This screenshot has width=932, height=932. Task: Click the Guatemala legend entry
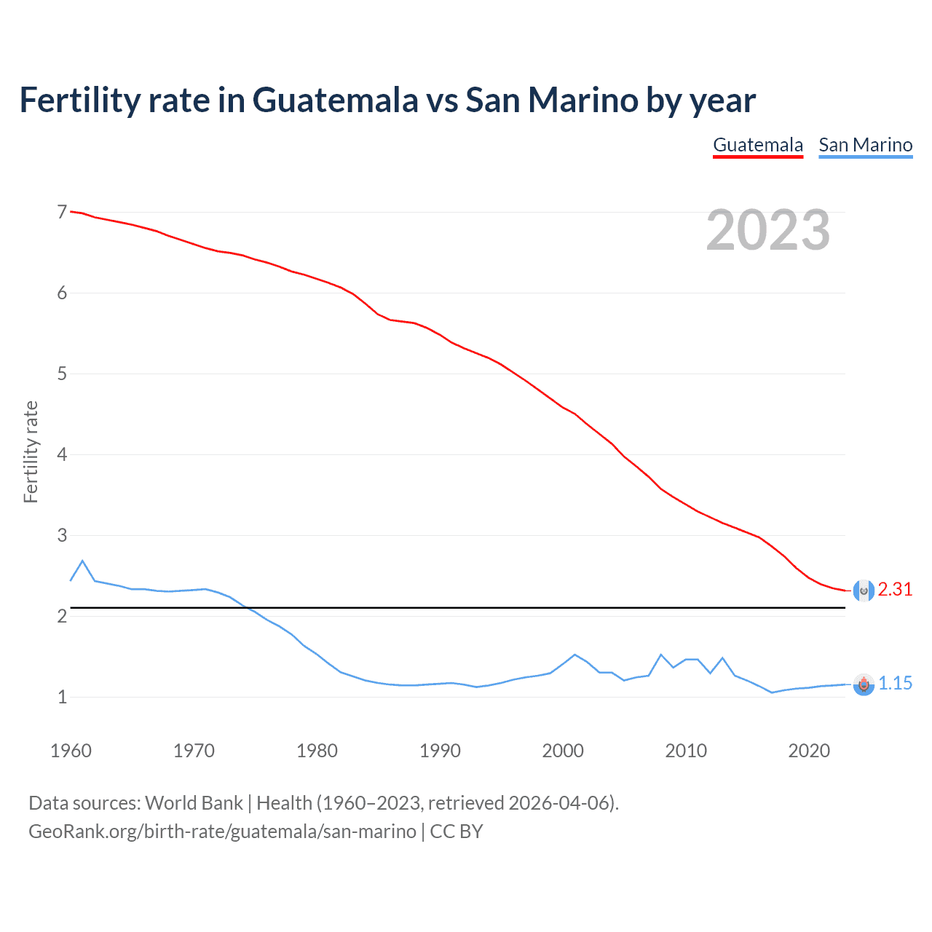tap(757, 145)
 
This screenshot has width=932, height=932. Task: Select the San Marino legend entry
tap(865, 145)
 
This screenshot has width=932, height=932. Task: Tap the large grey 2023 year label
tap(767, 230)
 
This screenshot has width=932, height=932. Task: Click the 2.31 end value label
tap(895, 590)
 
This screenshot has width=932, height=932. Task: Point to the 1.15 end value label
tap(895, 684)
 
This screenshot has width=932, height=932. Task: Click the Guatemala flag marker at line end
tap(864, 591)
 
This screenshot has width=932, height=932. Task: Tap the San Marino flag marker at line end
tap(864, 684)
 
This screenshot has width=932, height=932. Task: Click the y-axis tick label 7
tap(62, 213)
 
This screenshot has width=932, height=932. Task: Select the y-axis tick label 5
tap(62, 374)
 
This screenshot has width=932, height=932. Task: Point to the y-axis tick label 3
tap(62, 536)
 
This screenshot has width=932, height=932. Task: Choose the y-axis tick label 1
tap(62, 698)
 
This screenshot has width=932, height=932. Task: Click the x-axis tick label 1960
tap(71, 751)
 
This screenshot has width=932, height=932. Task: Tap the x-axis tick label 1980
tap(317, 751)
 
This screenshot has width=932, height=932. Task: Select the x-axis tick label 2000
tap(563, 751)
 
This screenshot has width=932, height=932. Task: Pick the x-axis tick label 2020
tap(809, 751)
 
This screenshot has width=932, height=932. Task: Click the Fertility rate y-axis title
tap(31, 451)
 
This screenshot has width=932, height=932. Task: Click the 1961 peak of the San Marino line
tap(82, 561)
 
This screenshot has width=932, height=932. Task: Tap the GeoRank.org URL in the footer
tap(222, 832)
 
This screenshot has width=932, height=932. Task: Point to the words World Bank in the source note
tap(194, 803)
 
